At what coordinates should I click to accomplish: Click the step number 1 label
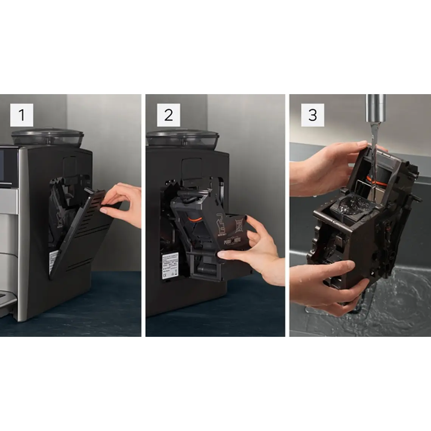click(x=22, y=115)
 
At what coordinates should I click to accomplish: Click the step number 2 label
click(x=168, y=115)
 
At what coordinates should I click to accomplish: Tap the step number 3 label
click(x=312, y=115)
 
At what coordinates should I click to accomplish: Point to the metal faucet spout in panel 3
click(x=375, y=108)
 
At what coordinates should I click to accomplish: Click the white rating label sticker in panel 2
click(x=170, y=265)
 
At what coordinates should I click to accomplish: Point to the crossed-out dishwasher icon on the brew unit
click(x=238, y=225)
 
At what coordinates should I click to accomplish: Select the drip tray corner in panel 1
click(x=8, y=301)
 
